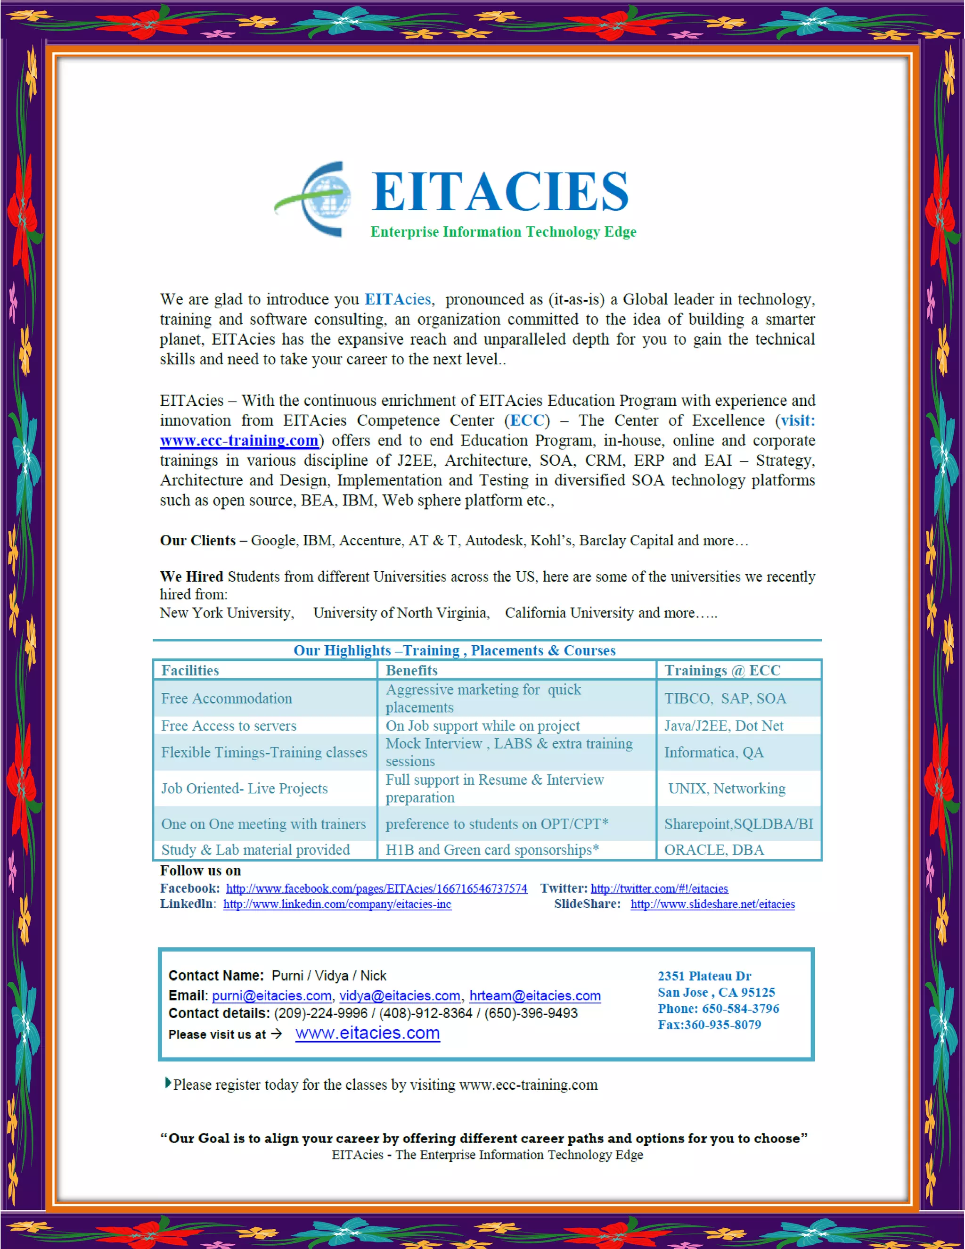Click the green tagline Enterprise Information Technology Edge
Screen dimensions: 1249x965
click(x=503, y=231)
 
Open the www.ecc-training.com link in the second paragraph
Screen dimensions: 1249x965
click(x=239, y=440)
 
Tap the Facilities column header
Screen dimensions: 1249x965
click(x=190, y=670)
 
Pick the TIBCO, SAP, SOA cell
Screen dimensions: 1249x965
click(x=725, y=698)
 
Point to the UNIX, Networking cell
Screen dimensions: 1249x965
click(x=727, y=789)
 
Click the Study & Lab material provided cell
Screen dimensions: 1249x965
click(x=255, y=850)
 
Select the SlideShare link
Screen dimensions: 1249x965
click(x=712, y=904)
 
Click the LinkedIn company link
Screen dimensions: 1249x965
click(x=337, y=904)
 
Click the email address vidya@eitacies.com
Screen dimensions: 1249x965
click(x=400, y=995)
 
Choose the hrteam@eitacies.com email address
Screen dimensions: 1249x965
click(x=535, y=995)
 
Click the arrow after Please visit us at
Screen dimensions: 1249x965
click(x=277, y=1034)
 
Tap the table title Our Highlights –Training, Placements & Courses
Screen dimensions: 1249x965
click(x=455, y=651)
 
